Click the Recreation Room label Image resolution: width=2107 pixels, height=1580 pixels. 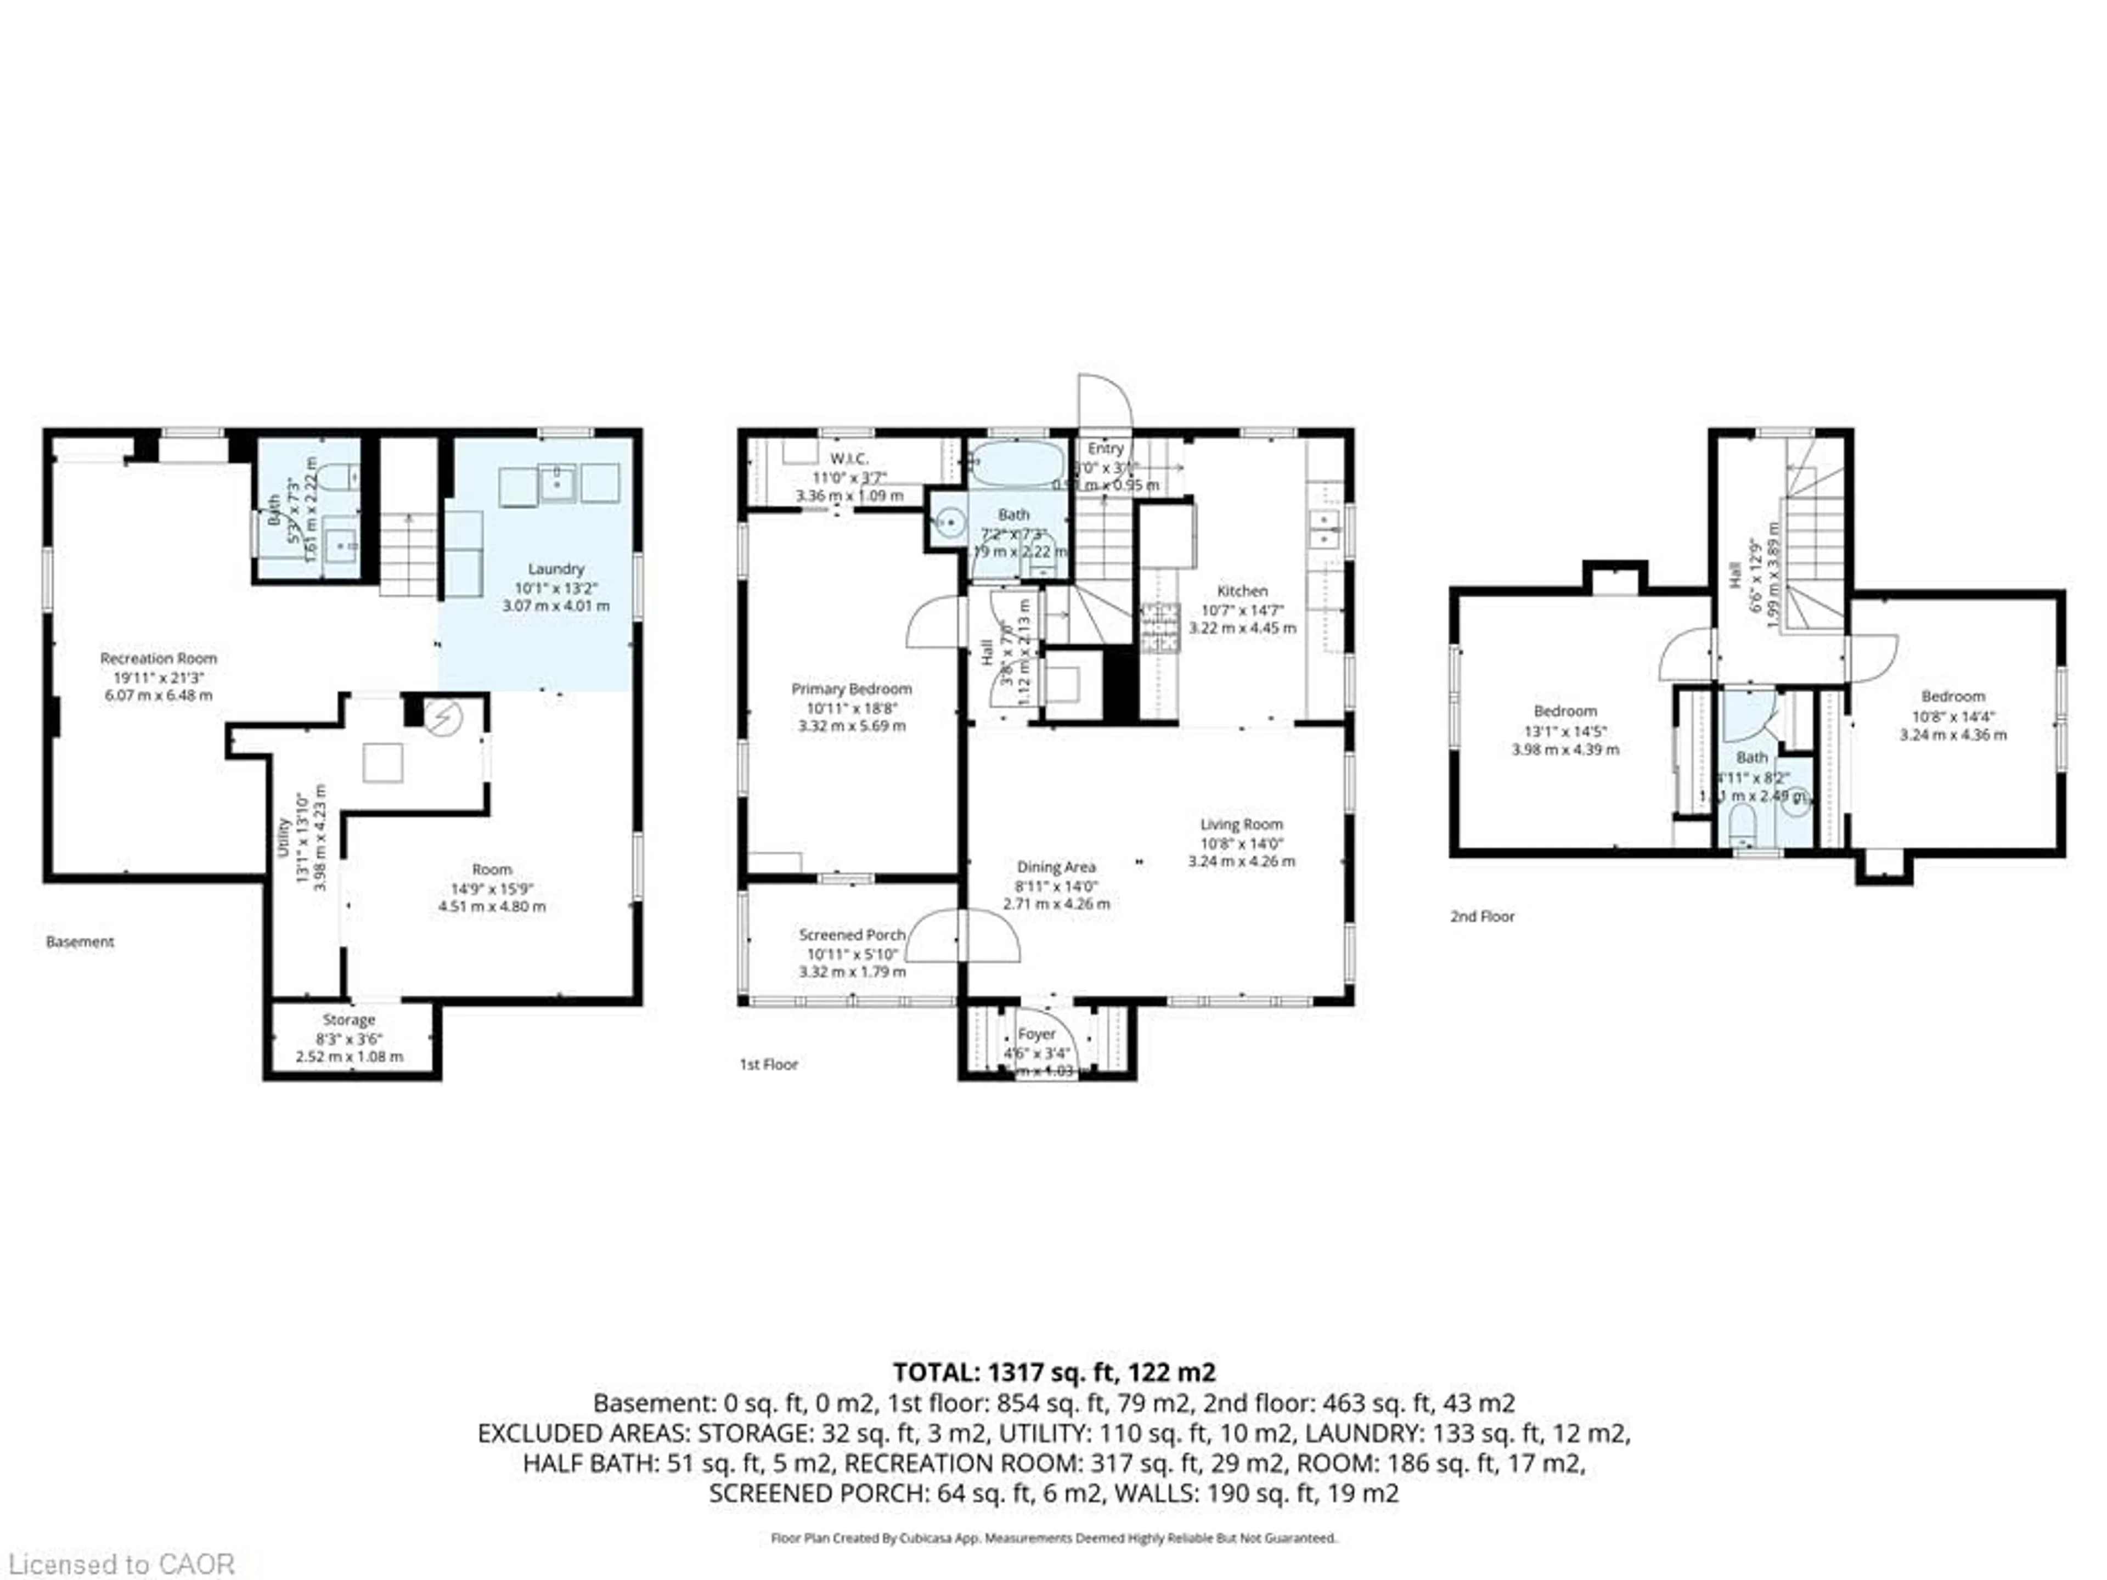[158, 659]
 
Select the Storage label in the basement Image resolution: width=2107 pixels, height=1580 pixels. [348, 1020]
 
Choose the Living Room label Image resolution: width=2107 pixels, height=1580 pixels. [1241, 825]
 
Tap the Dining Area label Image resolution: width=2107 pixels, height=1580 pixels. [1055, 867]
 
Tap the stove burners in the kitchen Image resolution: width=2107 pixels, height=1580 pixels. [1160, 628]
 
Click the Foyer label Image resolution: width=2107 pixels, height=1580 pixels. [1036, 1034]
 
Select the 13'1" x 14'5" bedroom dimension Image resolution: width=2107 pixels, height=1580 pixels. [1565, 731]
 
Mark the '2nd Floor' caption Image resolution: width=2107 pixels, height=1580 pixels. [1482, 916]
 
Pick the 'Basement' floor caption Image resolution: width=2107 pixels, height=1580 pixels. [80, 942]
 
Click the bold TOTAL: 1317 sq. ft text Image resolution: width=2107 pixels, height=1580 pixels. [1053, 1373]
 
